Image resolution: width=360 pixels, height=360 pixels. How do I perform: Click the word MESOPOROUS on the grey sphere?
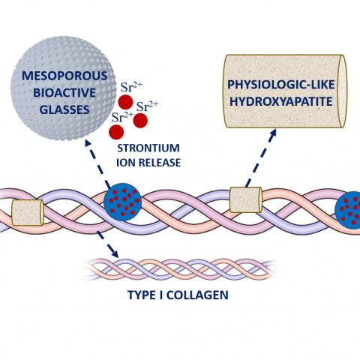pos(64,76)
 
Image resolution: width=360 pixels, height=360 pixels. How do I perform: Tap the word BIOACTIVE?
pos(64,93)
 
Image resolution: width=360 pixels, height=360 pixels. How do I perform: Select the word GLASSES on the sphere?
pos(64,109)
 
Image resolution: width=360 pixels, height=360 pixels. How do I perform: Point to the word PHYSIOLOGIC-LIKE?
pos(281,85)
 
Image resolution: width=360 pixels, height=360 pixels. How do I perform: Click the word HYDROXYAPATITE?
pos(281,101)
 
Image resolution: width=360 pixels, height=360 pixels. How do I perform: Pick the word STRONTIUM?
pos(148,148)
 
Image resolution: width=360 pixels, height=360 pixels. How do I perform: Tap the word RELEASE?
pos(160,163)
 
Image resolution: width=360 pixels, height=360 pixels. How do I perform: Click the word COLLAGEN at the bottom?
pos(197,295)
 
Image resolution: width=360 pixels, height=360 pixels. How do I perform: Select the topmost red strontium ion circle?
pos(125,102)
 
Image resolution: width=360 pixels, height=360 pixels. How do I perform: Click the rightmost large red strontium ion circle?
pos(140,121)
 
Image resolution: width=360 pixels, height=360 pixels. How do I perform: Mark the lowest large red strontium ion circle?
pos(116,132)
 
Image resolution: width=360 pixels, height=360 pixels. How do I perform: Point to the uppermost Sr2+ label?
pos(131,87)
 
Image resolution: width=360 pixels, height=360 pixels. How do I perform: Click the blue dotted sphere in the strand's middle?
pos(123,202)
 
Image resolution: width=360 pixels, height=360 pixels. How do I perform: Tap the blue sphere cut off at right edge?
pos(348,210)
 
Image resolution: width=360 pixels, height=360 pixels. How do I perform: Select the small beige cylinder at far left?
pos(28,212)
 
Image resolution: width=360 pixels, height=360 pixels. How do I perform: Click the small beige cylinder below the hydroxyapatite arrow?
pos(246,199)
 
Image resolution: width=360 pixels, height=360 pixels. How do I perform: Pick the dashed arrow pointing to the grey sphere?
pos(97,163)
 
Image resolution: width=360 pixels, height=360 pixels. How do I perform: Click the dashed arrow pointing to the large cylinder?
pos(261,158)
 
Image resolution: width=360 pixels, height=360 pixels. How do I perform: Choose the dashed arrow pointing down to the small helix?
pos(107,244)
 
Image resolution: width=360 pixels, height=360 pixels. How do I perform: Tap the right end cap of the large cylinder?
pos(343,91)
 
